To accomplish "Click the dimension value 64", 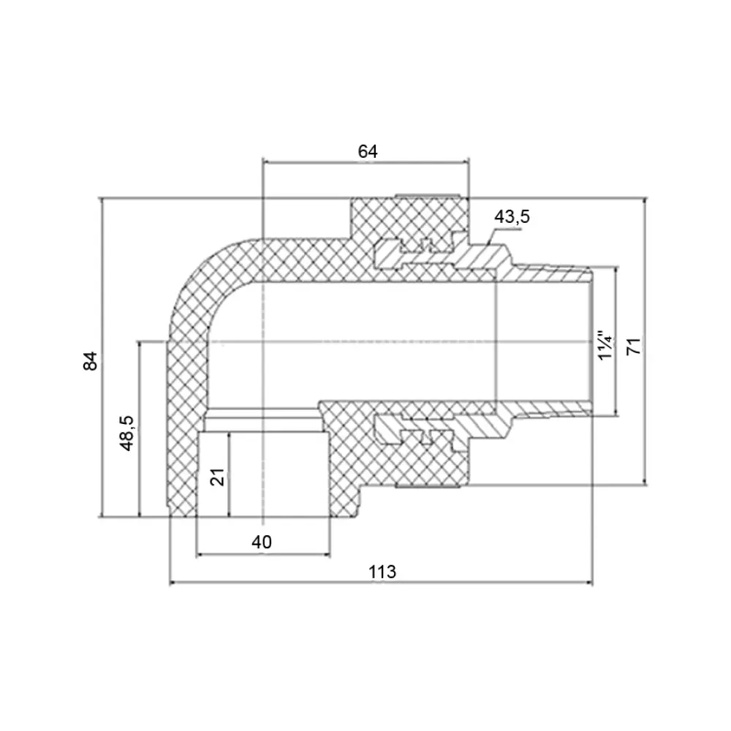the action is (x=368, y=151).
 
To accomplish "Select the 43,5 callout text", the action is (x=512, y=217).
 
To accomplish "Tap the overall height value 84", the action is (x=91, y=361).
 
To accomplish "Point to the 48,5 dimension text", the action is (x=126, y=433).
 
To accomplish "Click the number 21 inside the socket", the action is (x=218, y=477).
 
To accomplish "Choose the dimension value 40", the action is (x=262, y=542).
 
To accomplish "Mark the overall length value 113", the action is (x=382, y=572).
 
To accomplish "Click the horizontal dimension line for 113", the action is (x=381, y=583).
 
